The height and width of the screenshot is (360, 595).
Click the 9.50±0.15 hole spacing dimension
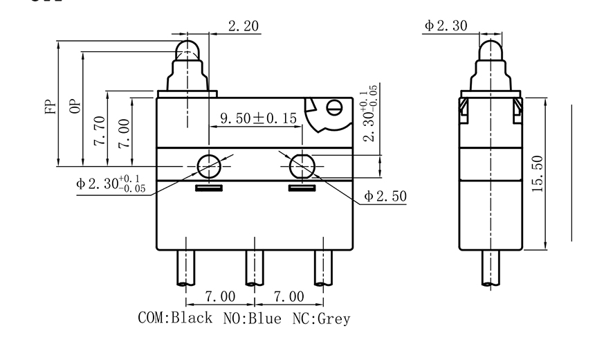[x=258, y=118]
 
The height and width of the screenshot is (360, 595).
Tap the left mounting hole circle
[x=209, y=165]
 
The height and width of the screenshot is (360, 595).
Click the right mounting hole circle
[x=301, y=165]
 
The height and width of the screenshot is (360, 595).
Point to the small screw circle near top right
[x=335, y=107]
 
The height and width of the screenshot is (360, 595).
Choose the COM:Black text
[x=177, y=318]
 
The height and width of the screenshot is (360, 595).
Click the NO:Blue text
[x=252, y=318]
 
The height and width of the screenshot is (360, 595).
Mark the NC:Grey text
[x=321, y=318]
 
